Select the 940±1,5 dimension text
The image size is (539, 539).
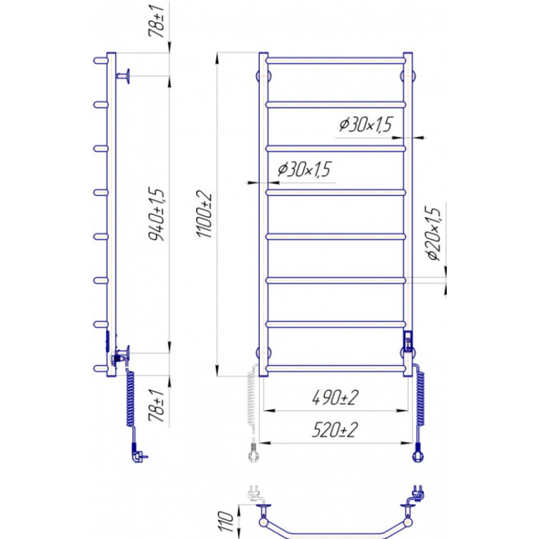pyautogui.click(x=157, y=214)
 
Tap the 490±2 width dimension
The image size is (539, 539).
pyautogui.click(x=335, y=398)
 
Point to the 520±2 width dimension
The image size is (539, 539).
pyautogui.click(x=335, y=430)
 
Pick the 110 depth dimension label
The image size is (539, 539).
pyautogui.click(x=226, y=521)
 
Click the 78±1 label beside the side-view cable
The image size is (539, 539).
pyautogui.click(x=157, y=406)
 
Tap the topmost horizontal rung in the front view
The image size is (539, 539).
pyautogui.click(x=336, y=60)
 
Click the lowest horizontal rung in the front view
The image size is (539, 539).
pyautogui.click(x=336, y=369)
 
